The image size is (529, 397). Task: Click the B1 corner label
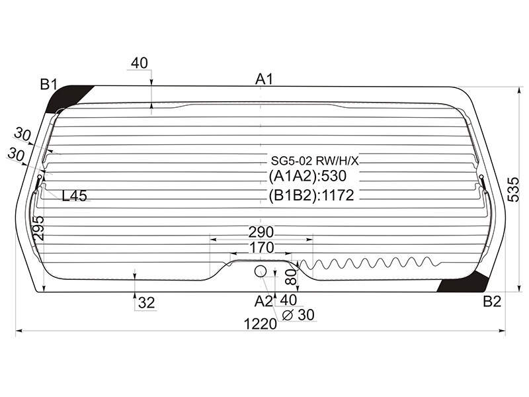49,84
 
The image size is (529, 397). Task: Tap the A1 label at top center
264,79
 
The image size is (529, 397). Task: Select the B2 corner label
492,301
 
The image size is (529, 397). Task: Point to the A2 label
263,301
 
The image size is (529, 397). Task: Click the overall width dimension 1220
260,324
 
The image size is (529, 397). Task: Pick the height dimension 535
514,189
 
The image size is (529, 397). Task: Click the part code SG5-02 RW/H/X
315,161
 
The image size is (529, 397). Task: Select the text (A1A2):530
307,176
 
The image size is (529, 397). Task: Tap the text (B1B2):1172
311,195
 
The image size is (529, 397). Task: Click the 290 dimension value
261,232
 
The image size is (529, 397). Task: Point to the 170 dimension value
261,247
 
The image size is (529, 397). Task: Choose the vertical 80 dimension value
292,276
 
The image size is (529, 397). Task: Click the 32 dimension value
146,303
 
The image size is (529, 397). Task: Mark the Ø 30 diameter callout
298,315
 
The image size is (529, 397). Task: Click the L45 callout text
75,195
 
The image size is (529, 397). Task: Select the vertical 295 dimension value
38,228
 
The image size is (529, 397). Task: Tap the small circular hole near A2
260,271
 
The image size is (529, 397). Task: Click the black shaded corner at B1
65,98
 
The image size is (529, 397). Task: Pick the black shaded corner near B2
464,282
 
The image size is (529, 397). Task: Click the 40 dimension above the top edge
140,63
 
